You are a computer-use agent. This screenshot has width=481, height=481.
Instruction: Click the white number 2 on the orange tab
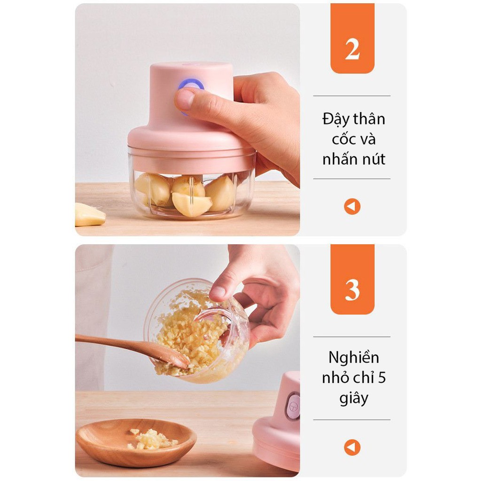point(352,50)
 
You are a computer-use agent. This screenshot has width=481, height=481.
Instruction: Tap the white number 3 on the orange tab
point(352,290)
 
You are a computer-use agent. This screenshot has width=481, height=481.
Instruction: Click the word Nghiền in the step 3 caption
point(354,357)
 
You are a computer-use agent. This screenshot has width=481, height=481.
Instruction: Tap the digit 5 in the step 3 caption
point(381,378)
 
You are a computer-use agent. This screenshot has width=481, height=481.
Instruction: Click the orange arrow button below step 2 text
point(352,207)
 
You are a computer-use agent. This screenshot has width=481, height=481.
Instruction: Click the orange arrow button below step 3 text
point(352,448)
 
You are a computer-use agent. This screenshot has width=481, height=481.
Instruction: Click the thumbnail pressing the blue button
point(184,99)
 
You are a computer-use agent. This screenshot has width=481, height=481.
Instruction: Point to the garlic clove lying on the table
point(89,215)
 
